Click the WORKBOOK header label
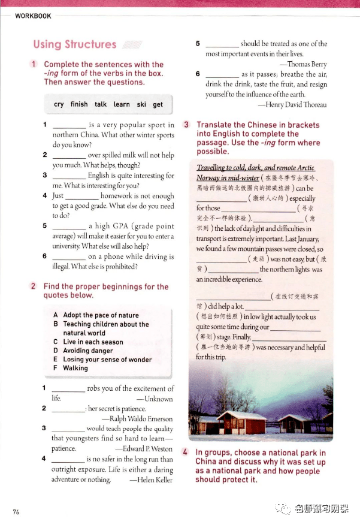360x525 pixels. (33, 16)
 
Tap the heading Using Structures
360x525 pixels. (75, 44)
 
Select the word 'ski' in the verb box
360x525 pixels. (141, 104)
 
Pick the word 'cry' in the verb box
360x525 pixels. (59, 104)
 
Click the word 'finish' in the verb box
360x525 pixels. (79, 104)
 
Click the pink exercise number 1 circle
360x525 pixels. (35, 64)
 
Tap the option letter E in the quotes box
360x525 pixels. (56, 360)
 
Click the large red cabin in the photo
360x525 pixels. (241, 421)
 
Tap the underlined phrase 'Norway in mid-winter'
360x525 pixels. (228, 178)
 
